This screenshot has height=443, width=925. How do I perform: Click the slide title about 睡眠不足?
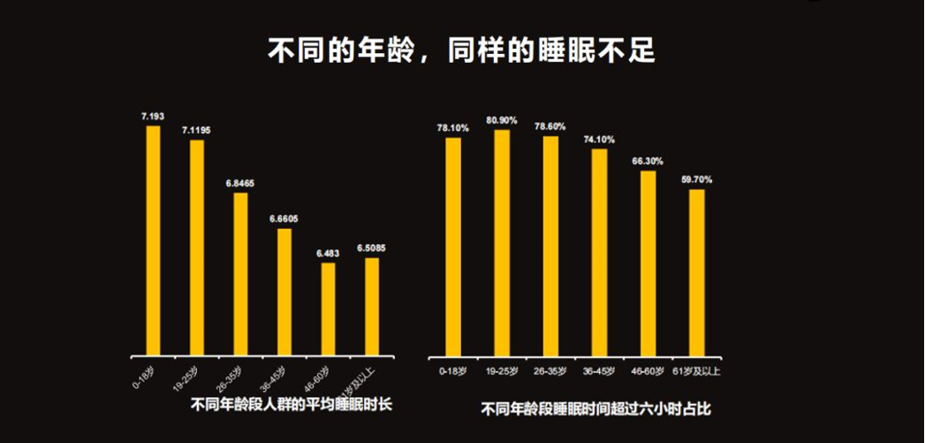pyautogui.click(x=461, y=50)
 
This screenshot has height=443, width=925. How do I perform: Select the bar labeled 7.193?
pyautogui.click(x=153, y=239)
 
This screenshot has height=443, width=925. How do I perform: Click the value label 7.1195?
pyautogui.click(x=196, y=130)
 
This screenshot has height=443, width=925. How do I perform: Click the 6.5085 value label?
pyautogui.click(x=372, y=248)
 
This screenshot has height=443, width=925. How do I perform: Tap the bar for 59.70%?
pyautogui.click(x=697, y=271)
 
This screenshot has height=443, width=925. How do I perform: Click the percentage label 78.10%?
pyautogui.click(x=453, y=127)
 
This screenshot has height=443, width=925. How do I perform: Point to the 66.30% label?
pyautogui.click(x=648, y=161)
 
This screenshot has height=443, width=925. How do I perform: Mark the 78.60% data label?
pyautogui.click(x=550, y=126)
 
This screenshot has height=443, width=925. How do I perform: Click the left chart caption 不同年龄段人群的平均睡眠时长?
pyautogui.click(x=291, y=404)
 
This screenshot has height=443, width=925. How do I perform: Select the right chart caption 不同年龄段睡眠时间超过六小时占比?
pyautogui.click(x=595, y=409)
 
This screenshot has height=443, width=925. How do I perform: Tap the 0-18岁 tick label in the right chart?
pyautogui.click(x=453, y=370)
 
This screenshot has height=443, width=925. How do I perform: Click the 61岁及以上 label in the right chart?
pyautogui.click(x=696, y=370)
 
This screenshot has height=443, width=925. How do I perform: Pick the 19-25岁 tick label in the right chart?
pyautogui.click(x=502, y=370)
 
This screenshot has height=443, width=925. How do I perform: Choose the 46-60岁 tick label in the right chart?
pyautogui.click(x=648, y=370)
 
